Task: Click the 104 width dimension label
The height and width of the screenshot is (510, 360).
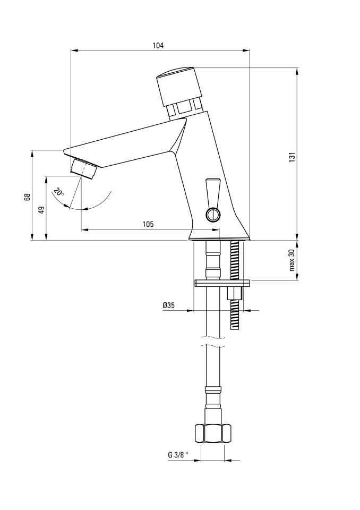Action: [x=158, y=46]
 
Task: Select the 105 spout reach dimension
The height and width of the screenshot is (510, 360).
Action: [x=148, y=224]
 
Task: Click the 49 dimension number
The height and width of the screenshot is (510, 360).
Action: [x=41, y=210]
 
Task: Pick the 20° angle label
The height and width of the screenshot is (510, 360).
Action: [x=59, y=192]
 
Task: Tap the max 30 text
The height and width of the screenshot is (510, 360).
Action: [x=292, y=260]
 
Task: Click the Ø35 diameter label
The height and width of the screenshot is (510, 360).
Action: [x=169, y=305]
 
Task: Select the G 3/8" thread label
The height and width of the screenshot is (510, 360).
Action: [x=178, y=455]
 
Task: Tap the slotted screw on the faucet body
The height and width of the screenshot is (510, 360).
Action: [x=212, y=215]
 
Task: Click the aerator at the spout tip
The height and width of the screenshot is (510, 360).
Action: [x=83, y=168]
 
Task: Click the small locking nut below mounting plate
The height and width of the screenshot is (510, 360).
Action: [x=235, y=293]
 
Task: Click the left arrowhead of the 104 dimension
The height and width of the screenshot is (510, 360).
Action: [x=75, y=50]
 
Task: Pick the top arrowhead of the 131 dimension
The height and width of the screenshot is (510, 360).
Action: [x=297, y=72]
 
